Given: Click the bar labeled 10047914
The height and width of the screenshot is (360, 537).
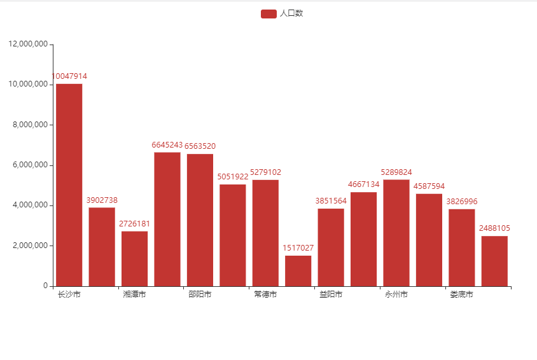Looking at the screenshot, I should pos(69,184).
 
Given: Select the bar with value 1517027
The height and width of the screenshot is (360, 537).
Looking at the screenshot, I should pos(298,270).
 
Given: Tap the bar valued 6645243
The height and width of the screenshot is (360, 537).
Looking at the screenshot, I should pos(167,219).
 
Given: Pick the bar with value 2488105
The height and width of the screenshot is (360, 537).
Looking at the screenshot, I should pos(494,261).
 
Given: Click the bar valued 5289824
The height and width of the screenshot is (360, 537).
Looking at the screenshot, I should pos(396,233).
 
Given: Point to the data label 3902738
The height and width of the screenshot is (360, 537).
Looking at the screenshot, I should pos(102,200).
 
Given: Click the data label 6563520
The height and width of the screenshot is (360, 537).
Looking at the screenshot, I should pos(200,146).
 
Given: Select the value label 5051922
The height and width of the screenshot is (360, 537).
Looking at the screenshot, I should pos(233,177).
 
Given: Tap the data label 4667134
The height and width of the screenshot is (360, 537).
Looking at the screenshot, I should pos(363,184).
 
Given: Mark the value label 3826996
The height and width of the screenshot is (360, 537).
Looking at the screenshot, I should pos(462,202).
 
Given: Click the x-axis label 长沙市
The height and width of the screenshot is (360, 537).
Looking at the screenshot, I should pos(69,294).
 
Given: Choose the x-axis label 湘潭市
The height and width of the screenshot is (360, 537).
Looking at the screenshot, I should pos(134,294).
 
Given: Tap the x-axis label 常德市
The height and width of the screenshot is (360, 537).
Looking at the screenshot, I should pos(265,294).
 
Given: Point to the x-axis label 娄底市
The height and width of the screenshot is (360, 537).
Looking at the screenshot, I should pos(461,294).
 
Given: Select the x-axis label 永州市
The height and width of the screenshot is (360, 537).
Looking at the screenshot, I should pos(396,294).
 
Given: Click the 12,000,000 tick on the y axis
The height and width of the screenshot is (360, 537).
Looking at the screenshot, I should pos(28,44).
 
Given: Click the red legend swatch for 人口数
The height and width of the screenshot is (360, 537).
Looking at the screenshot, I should pos(268,13).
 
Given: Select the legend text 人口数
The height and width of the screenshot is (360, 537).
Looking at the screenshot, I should pos(291,13).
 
